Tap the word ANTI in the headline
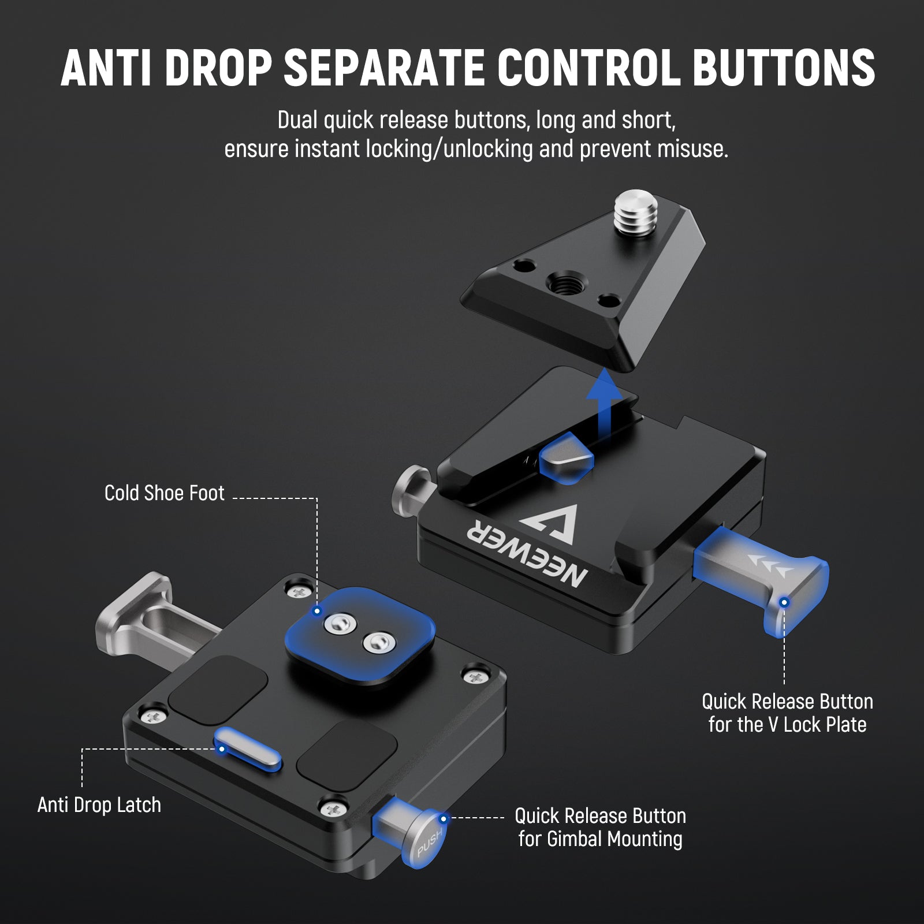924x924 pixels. (109, 68)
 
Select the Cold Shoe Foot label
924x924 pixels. (164, 493)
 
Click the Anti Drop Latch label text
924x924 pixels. (99, 804)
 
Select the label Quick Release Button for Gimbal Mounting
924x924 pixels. (601, 827)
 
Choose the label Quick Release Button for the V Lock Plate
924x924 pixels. (787, 713)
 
